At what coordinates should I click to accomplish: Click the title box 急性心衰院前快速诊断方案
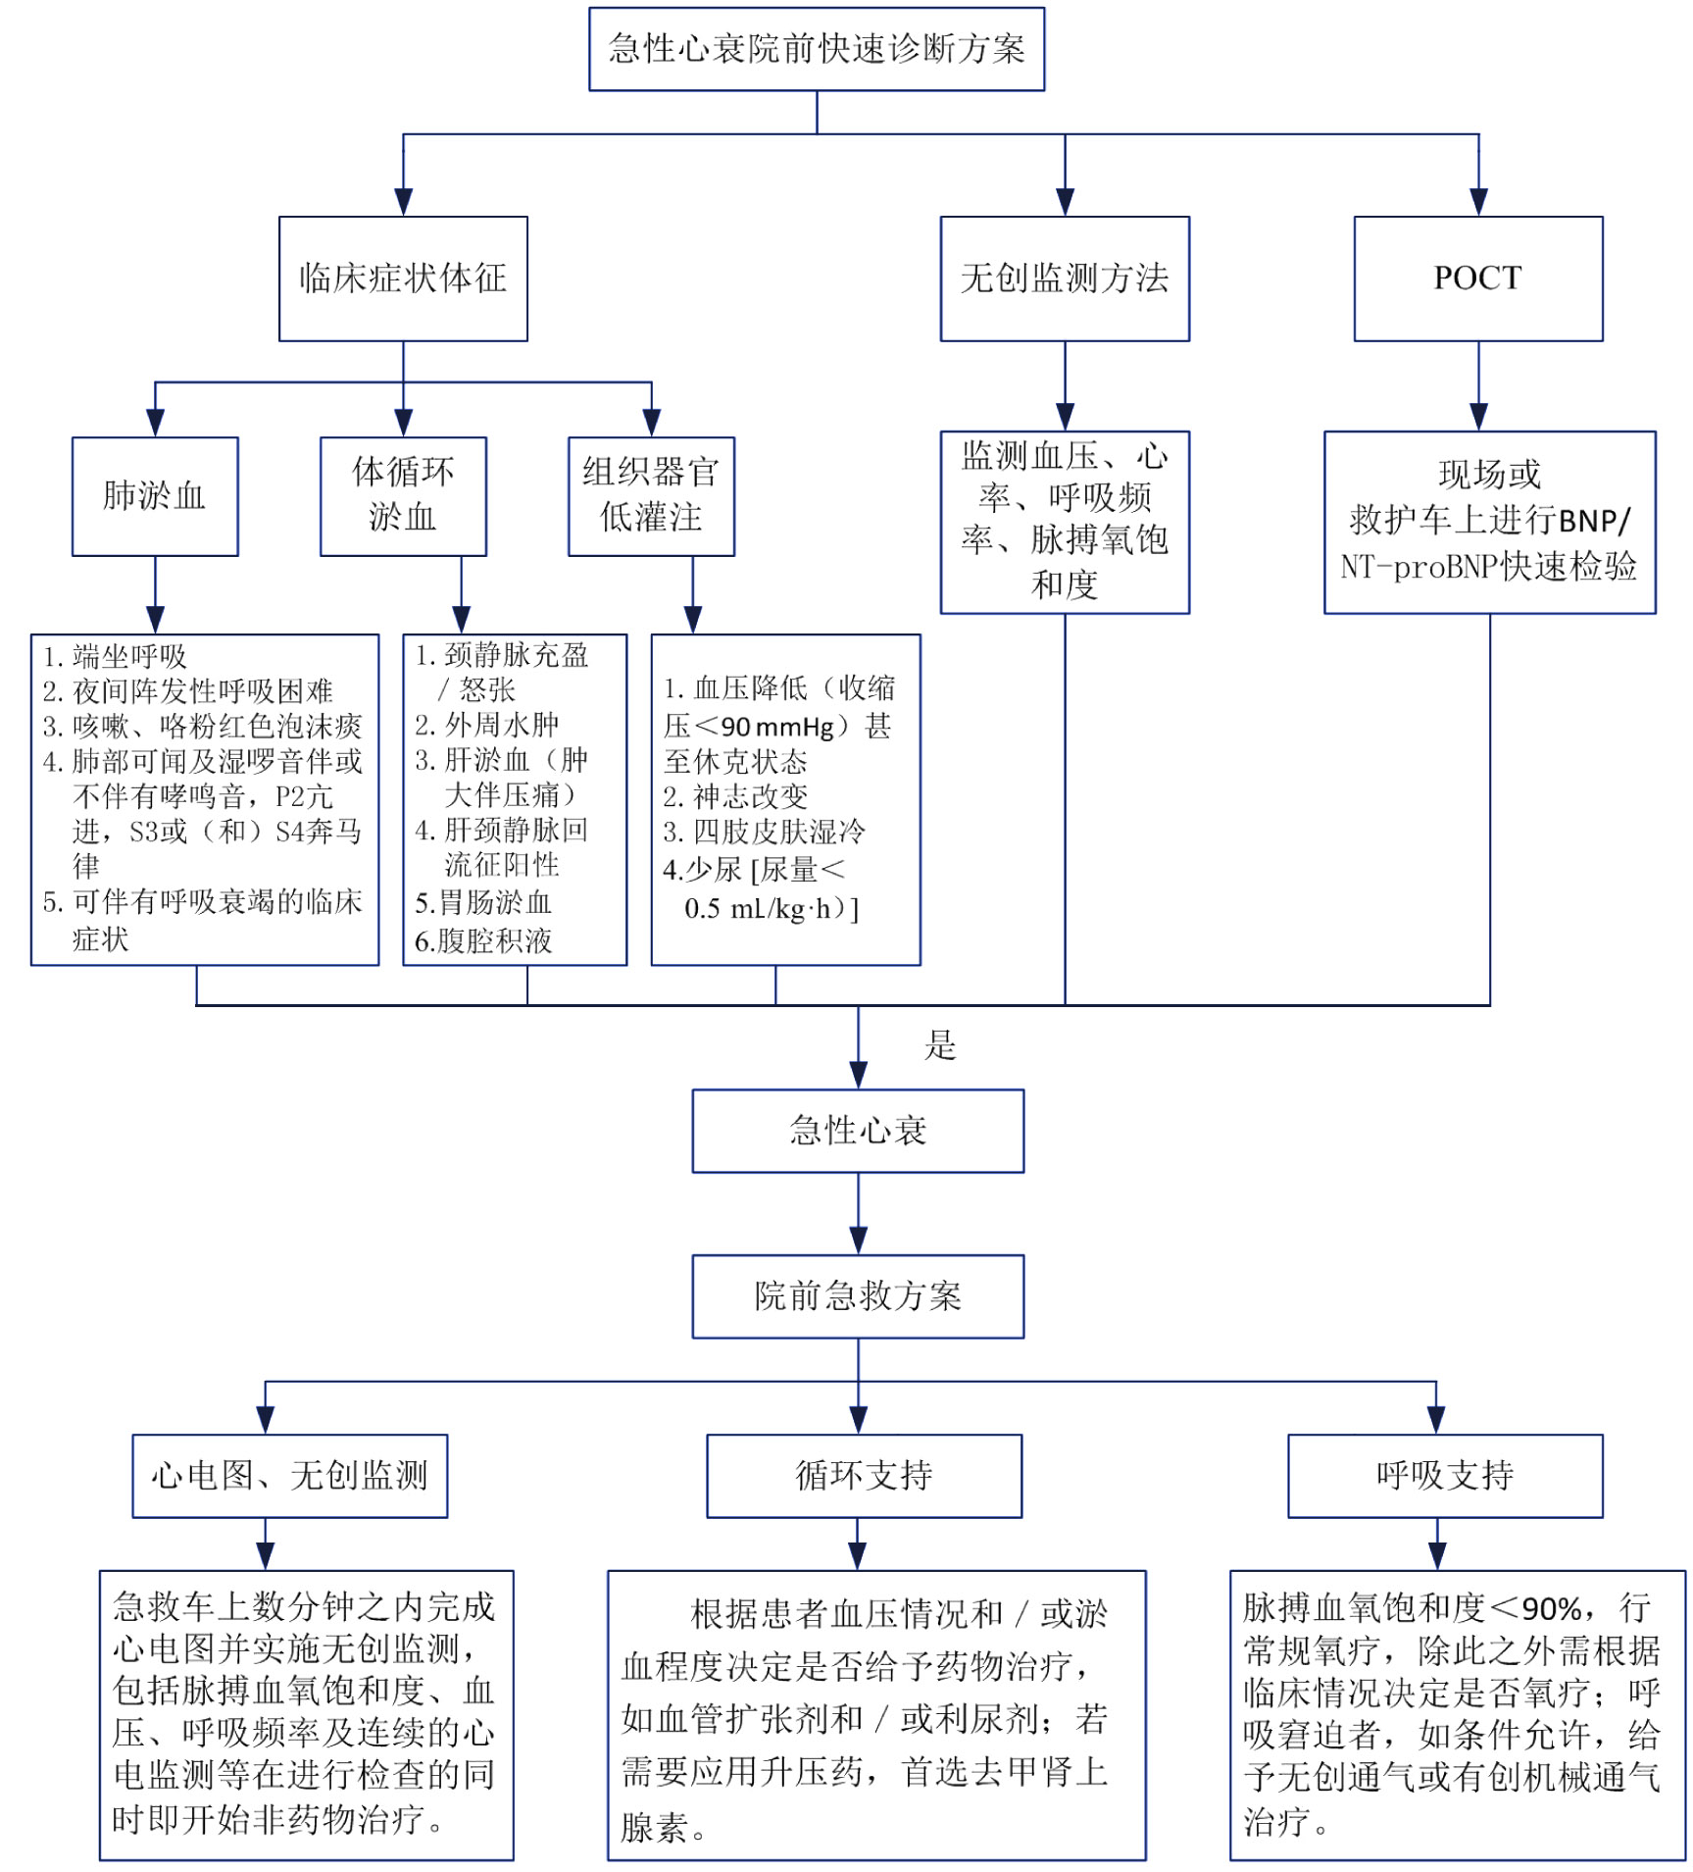pos(816,49)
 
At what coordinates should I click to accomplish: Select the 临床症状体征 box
pos(403,278)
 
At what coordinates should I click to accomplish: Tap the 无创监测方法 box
pos(1064,278)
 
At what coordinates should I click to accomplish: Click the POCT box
pos(1477,278)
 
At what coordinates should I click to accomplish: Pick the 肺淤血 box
pos(155,496)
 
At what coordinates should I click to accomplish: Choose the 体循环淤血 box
pos(403,496)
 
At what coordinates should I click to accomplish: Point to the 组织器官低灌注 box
pos(651,496)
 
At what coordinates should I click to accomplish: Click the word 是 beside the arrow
pos(940,1045)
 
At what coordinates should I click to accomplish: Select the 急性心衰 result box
pos(858,1131)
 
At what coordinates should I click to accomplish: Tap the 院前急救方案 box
pos(858,1296)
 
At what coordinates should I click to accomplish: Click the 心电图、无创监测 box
pos(290,1476)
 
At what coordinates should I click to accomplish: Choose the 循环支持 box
pos(864,1476)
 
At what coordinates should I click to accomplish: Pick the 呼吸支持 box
pos(1445,1476)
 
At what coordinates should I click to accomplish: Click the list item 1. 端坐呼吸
pos(116,656)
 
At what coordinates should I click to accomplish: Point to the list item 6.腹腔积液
pos(483,941)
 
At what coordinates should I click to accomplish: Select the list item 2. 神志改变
pos(736,796)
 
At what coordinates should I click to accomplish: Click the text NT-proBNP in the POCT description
pos(1402,567)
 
